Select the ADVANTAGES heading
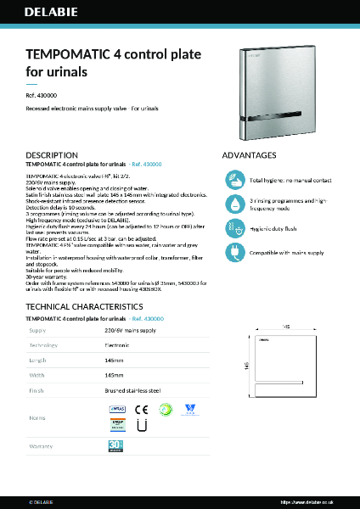pos(249,155)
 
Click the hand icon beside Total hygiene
pos(235,180)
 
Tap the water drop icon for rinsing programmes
pos(235,204)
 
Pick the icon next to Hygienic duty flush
pos(235,228)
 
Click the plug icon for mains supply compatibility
pos(235,252)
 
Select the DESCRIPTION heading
pos(53,155)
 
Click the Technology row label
pos(44,346)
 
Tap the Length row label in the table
pos(38,361)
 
